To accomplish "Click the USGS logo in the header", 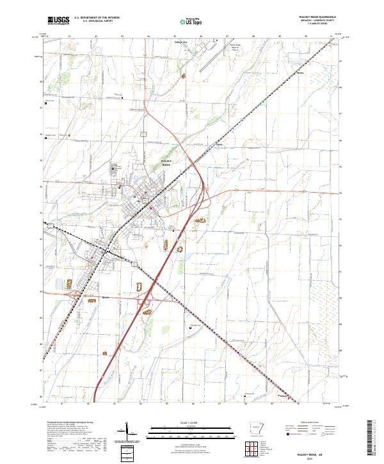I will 58,20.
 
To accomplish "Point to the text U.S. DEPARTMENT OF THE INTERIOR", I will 97,18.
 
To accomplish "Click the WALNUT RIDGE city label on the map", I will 166,163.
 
